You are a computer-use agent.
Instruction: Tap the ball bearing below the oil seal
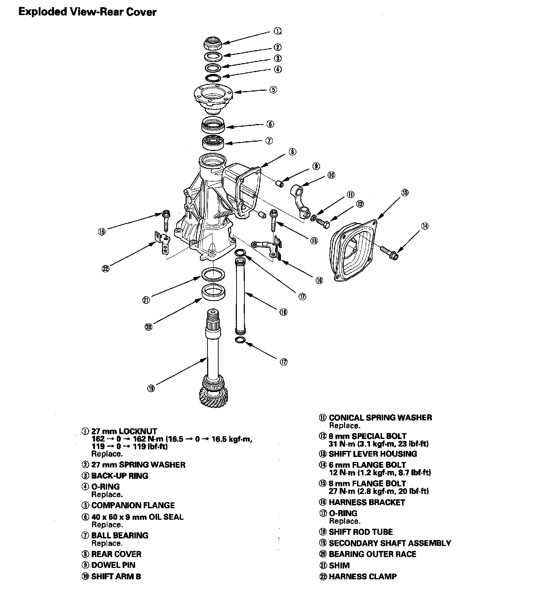point(214,142)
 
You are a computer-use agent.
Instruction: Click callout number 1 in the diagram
point(277,31)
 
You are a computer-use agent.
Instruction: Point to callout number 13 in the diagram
point(405,193)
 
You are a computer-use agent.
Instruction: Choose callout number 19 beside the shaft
point(151,388)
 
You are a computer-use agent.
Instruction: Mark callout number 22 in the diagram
point(105,269)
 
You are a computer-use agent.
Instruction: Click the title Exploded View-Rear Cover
point(87,12)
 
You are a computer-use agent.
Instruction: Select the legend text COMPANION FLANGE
point(133,505)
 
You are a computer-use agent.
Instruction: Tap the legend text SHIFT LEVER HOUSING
point(373,454)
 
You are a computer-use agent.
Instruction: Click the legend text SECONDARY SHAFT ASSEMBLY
point(390,543)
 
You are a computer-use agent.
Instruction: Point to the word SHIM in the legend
point(339,565)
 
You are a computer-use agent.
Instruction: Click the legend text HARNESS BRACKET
point(367,502)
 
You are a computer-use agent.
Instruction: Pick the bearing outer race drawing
point(214,291)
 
